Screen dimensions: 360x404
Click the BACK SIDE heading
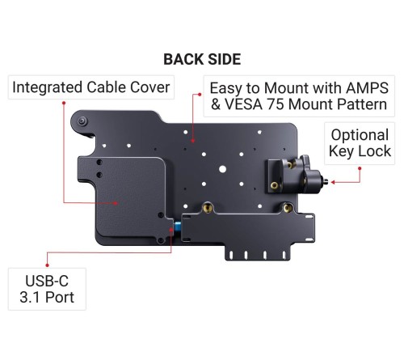(x=201, y=59)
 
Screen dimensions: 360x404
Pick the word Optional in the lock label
(x=360, y=134)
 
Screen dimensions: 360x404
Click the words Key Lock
(x=360, y=150)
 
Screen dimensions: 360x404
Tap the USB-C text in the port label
(x=48, y=280)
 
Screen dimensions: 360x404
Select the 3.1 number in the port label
(x=31, y=298)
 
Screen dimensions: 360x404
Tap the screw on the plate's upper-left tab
(x=84, y=121)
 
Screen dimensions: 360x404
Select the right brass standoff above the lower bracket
(x=284, y=208)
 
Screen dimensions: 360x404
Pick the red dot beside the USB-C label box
(x=48, y=262)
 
